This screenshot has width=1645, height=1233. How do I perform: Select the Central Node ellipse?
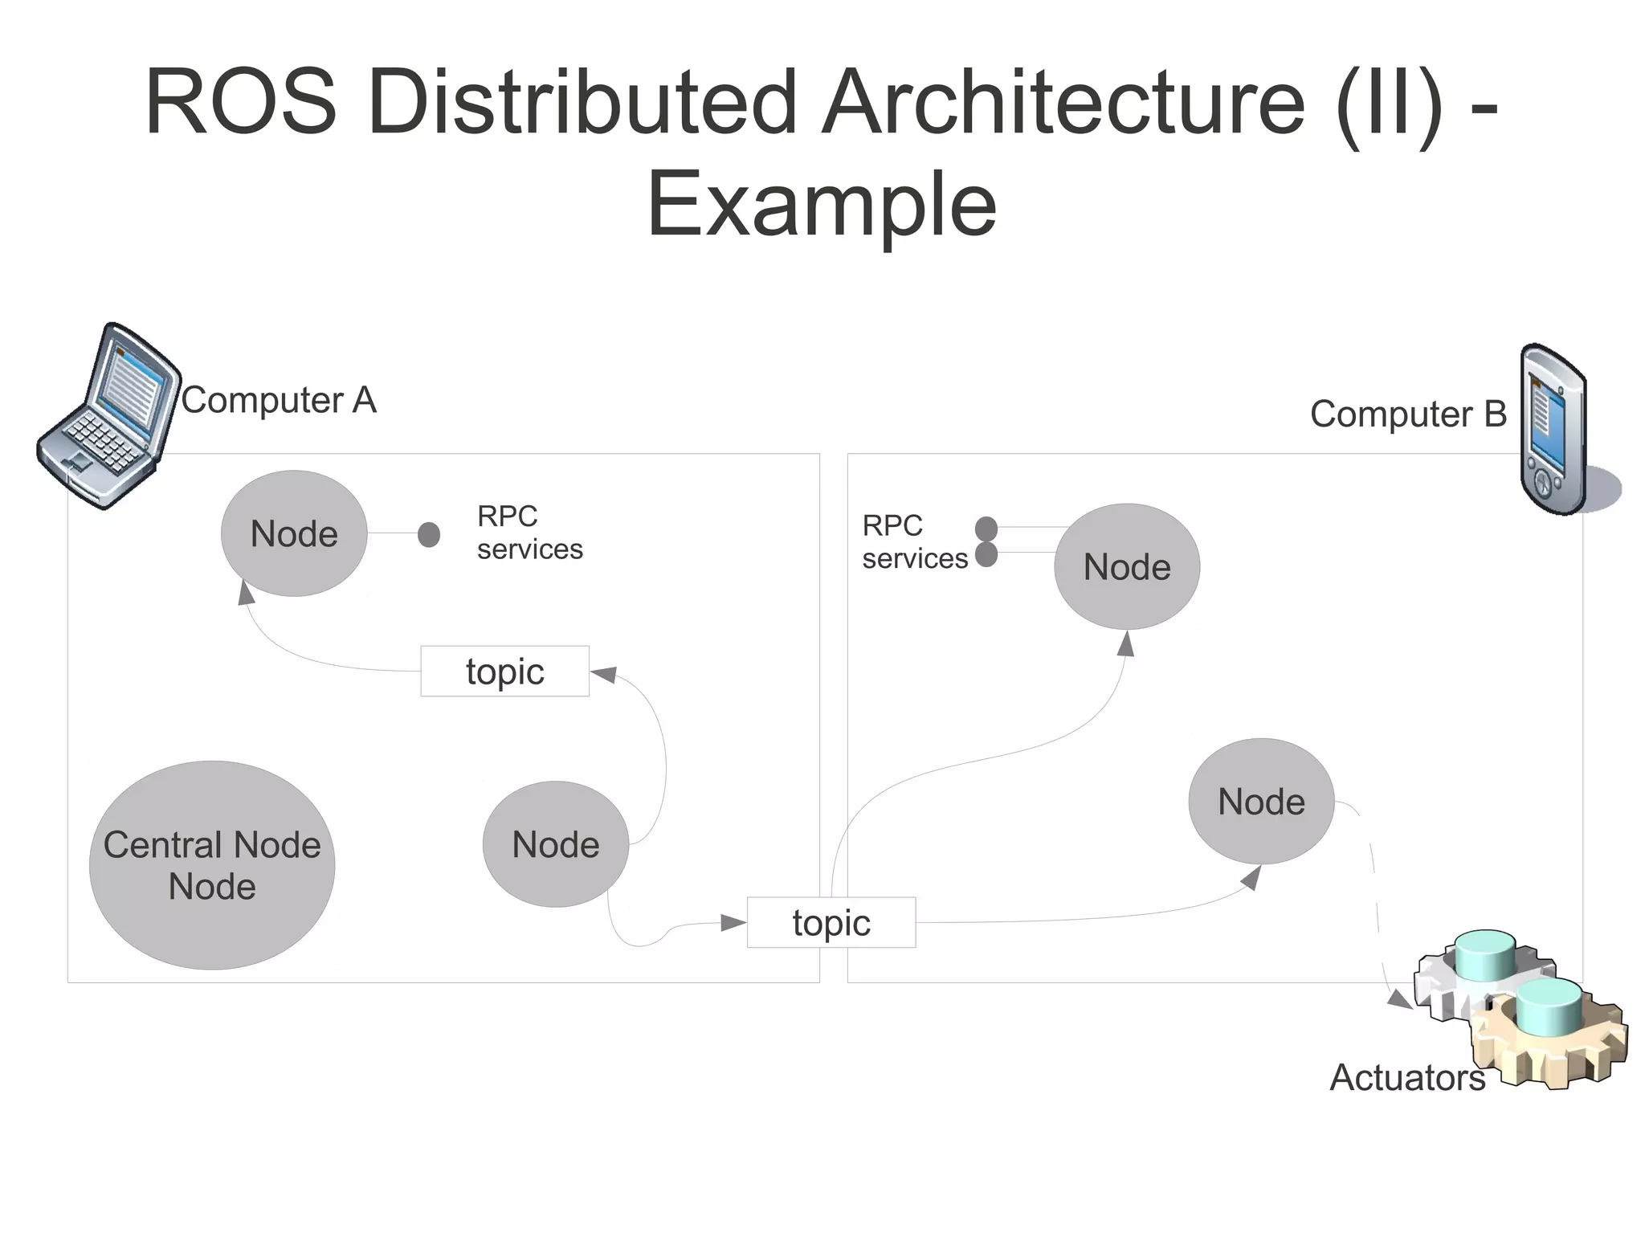212,865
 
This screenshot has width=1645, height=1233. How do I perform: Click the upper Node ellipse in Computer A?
294,533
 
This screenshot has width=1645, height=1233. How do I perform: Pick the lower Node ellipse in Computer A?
556,844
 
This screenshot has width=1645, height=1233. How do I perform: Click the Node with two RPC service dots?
1127,566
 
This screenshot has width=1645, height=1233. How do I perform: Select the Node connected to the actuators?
1261,801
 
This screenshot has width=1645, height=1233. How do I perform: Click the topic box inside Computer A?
504,671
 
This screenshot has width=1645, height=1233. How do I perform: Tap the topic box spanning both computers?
831,922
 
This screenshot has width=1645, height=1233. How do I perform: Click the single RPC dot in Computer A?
429,534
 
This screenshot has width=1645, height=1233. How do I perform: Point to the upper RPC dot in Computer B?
986,529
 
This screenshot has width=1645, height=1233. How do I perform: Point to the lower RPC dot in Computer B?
986,554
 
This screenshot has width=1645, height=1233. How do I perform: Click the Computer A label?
279,400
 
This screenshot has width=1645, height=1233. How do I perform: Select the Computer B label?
1408,414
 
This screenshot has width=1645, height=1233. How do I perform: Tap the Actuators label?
1407,1077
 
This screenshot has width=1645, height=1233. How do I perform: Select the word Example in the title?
822,205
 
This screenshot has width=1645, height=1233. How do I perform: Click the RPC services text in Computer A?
529,533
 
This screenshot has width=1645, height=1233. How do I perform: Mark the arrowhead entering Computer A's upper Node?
246,594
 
